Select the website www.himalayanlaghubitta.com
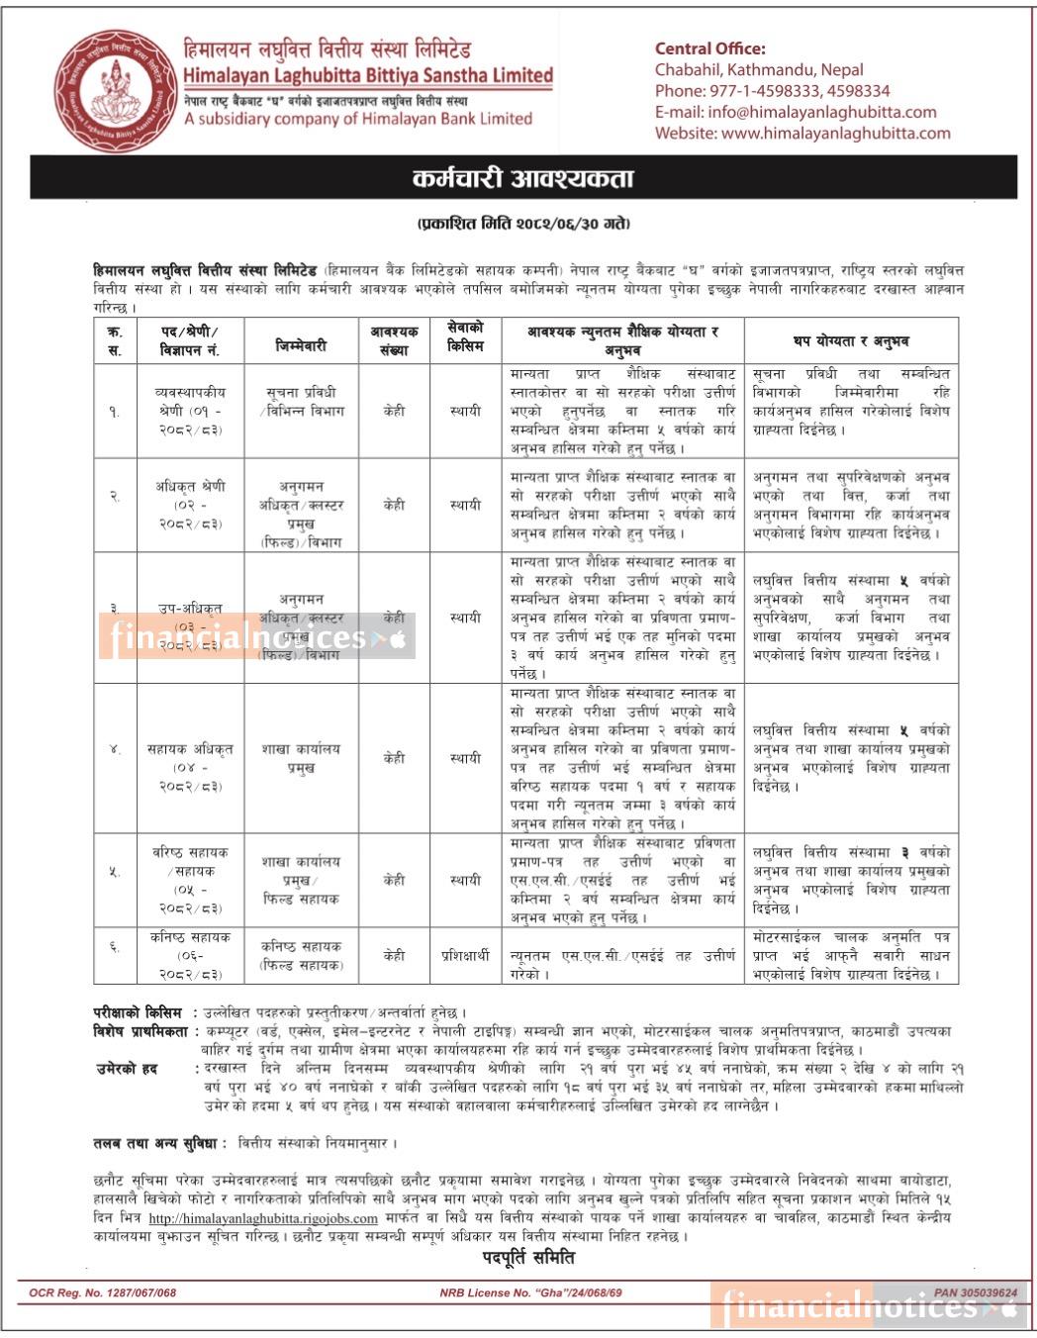click(x=802, y=134)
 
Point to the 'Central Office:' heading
click(x=709, y=48)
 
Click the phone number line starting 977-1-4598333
click(x=772, y=91)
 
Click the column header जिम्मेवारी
click(x=301, y=345)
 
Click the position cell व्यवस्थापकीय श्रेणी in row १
click(x=190, y=411)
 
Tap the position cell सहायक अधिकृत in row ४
click(x=190, y=767)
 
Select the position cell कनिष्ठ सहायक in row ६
click(x=190, y=955)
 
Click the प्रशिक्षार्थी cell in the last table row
click(x=465, y=955)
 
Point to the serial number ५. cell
click(x=115, y=871)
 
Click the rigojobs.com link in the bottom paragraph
click(x=263, y=1218)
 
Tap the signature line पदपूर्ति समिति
click(x=527, y=1259)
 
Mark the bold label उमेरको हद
click(x=126, y=1069)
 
